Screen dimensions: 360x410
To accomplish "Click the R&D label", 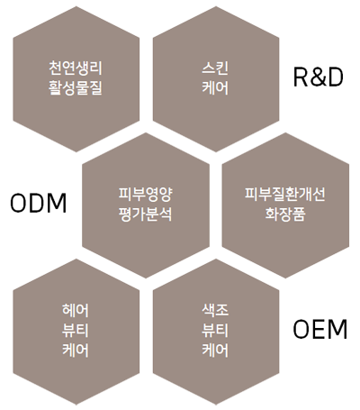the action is tap(319, 77).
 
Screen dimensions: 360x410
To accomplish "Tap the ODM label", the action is tap(39, 204).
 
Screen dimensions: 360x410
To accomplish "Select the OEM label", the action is tap(319, 330).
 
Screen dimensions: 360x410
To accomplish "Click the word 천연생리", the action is tap(76, 68).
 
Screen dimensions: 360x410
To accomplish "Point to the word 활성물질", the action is tap(76, 87).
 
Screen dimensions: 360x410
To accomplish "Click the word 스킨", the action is tap(215, 68).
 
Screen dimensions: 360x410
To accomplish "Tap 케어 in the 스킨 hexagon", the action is tap(215, 87).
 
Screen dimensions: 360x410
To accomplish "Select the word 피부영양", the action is tap(146, 195).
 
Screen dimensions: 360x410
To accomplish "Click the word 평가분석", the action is tap(146, 214).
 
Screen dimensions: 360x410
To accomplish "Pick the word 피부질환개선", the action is tap(285, 195).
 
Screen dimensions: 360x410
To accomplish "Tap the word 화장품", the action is tap(285, 214).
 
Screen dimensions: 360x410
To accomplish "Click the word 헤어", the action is tap(76, 310).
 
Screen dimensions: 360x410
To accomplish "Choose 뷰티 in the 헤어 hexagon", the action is tap(76, 331).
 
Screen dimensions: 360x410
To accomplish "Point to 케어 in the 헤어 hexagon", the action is tap(76, 351).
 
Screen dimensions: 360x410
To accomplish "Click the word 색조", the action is tap(215, 310).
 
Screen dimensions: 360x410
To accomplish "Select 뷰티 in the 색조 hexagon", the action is tap(215, 331).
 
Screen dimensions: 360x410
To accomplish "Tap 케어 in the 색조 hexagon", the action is tap(215, 351).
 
